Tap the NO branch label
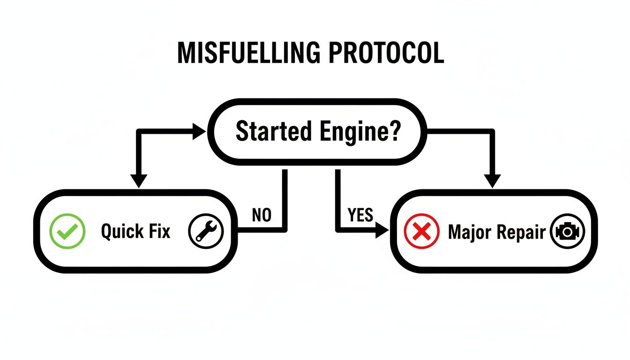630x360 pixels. tap(262, 215)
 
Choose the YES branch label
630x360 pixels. tap(360, 215)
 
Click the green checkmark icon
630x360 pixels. tap(67, 231)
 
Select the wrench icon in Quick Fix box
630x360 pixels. tap(206, 231)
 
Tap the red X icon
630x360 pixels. tap(421, 231)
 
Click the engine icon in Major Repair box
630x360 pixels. tap(567, 231)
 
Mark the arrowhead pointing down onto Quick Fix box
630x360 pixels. tap(139, 181)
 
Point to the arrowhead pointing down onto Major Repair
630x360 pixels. tap(492, 181)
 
